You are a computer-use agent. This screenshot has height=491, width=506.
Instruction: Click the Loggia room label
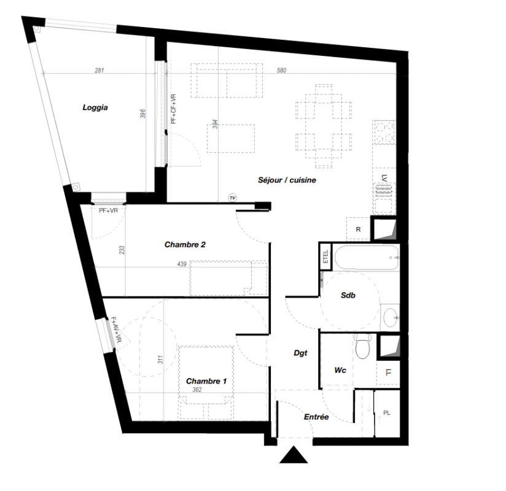pyautogui.click(x=95, y=108)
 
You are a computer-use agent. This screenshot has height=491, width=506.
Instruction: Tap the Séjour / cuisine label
pyautogui.click(x=287, y=180)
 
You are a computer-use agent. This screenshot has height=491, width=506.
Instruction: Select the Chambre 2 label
pyautogui.click(x=185, y=244)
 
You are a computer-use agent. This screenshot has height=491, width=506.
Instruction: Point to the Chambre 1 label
pyautogui.click(x=206, y=381)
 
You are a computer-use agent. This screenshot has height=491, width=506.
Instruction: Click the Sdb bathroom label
pyautogui.click(x=348, y=295)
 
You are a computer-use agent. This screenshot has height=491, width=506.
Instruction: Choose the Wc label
pyautogui.click(x=340, y=370)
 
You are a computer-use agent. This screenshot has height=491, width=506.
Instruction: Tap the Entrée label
pyautogui.click(x=316, y=417)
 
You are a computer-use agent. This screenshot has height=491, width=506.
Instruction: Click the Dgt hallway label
pyautogui.click(x=300, y=354)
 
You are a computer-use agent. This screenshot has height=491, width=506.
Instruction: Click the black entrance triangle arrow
pyautogui.click(x=294, y=455)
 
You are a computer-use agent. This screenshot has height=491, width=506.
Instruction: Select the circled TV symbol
pyautogui.click(x=232, y=198)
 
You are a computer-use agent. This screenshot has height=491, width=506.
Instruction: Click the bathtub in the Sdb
pyautogui.click(x=366, y=257)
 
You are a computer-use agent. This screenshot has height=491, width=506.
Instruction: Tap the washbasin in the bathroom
pyautogui.click(x=390, y=318)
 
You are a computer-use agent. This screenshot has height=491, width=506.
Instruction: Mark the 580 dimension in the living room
pyautogui.click(x=281, y=71)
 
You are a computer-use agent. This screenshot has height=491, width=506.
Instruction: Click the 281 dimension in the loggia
pyautogui.click(x=99, y=71)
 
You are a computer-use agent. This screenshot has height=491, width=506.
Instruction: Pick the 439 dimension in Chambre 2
pyautogui.click(x=182, y=264)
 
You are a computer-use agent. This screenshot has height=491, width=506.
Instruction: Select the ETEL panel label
pyautogui.click(x=325, y=257)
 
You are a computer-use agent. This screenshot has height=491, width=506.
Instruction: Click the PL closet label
pyautogui.click(x=387, y=413)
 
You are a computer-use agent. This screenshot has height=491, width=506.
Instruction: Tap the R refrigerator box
pyautogui.click(x=358, y=230)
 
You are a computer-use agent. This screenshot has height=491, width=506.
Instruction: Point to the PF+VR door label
pyautogui.click(x=108, y=211)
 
